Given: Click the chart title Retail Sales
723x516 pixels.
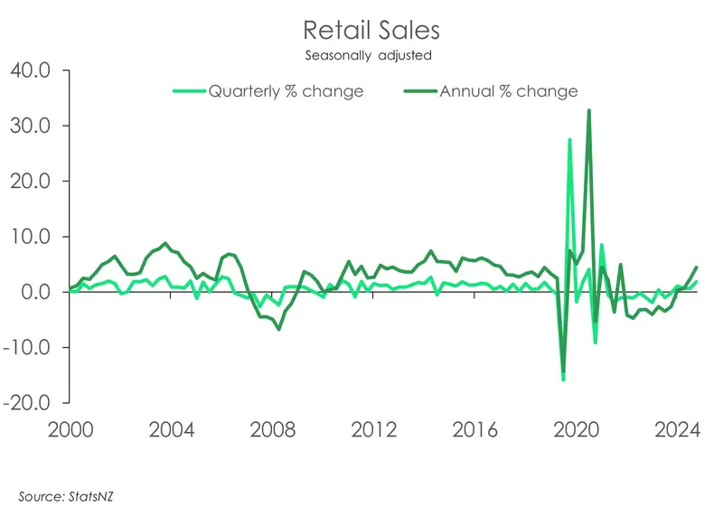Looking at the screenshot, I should coord(371,30).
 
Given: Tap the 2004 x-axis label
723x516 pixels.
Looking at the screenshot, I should coord(171,428).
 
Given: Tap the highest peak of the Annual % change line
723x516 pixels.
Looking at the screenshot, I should coord(589,110).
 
